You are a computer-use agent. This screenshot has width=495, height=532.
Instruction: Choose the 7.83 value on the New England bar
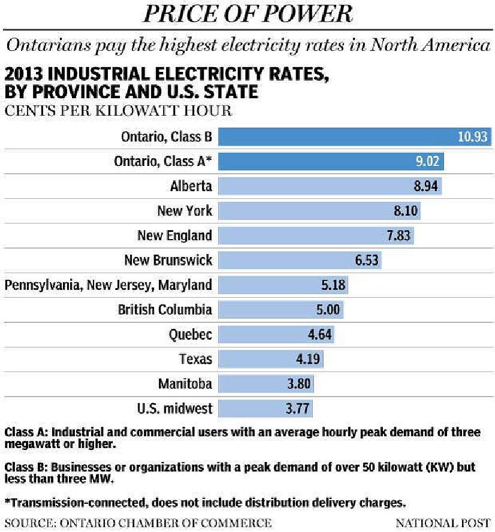point(398,235)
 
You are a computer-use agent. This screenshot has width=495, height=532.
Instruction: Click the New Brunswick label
point(168,260)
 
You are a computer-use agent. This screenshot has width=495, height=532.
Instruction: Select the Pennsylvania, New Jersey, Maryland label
point(108,285)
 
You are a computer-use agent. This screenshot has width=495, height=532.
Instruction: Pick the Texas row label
point(195,359)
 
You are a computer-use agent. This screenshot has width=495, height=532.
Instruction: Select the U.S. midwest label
point(174,409)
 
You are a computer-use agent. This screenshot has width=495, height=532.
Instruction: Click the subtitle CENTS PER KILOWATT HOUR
point(118,111)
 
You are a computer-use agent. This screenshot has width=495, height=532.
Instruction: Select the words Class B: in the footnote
point(23,467)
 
